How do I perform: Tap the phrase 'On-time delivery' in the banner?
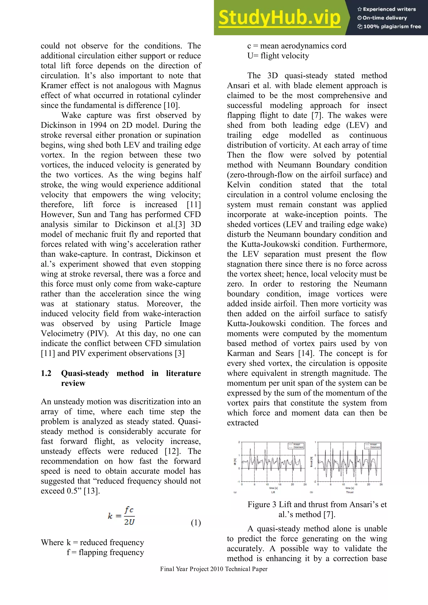coord(385,18)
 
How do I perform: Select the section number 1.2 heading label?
coord(46,373)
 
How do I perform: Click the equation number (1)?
coord(196,522)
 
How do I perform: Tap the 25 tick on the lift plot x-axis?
coord(305,484)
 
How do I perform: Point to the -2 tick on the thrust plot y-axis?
coord(315,482)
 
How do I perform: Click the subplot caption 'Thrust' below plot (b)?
coord(349,492)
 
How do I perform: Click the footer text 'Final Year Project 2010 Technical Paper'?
coord(214,569)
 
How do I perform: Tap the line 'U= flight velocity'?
coord(278,56)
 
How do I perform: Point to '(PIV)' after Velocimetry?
coord(98,334)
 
